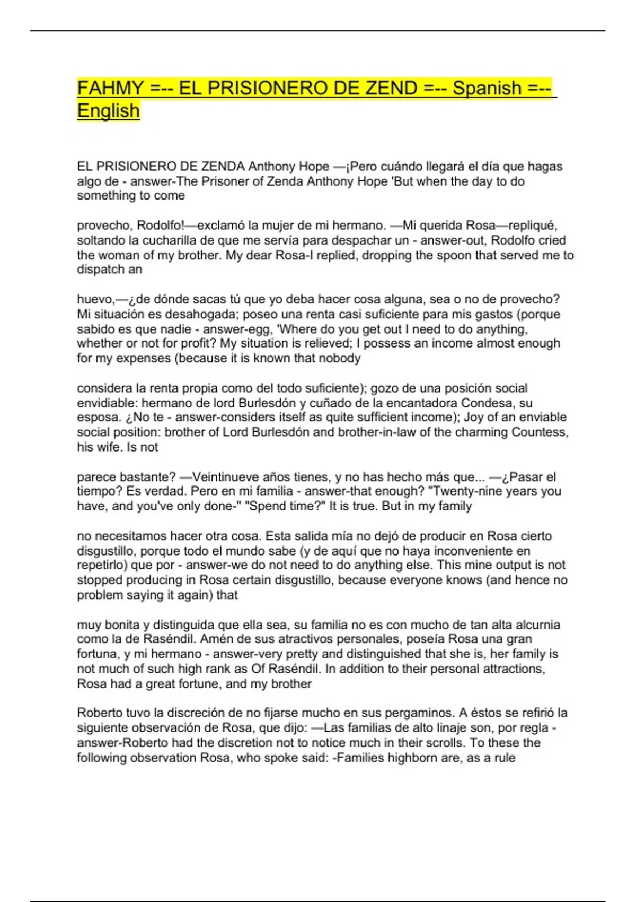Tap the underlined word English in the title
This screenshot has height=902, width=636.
click(x=108, y=111)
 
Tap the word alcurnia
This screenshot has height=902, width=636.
click(x=536, y=625)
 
